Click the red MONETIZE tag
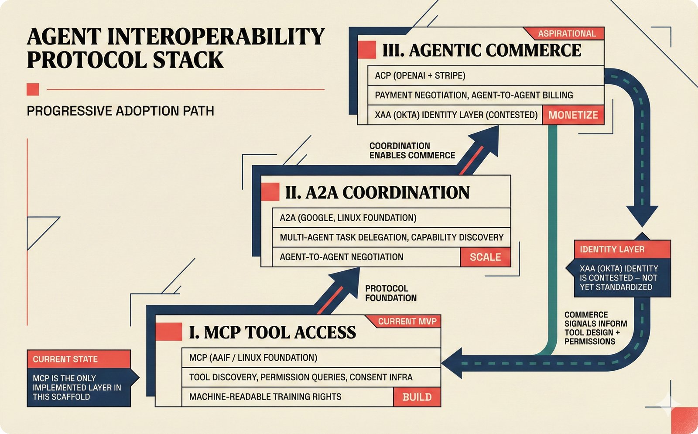573,115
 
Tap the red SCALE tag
485,257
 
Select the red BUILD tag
417,397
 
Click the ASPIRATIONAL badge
566,34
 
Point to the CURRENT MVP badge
407,322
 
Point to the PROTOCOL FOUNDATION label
390,294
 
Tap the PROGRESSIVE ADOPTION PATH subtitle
120,111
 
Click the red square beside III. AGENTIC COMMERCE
366,50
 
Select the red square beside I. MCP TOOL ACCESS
168,332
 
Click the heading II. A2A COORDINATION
377,193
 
